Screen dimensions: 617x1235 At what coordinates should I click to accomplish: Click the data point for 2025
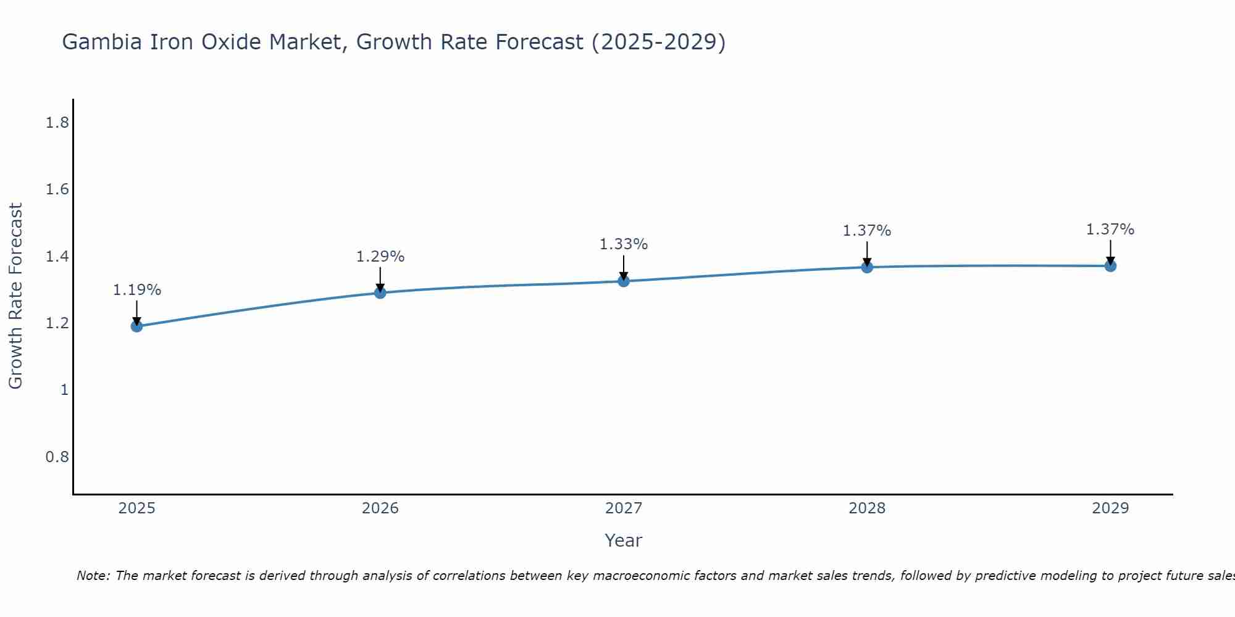(137, 326)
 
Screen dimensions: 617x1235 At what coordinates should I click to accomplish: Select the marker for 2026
(380, 292)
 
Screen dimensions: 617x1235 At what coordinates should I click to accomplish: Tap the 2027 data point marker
(624, 281)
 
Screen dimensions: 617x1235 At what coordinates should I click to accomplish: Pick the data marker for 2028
(867, 267)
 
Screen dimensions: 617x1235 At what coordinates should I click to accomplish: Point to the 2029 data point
(1110, 266)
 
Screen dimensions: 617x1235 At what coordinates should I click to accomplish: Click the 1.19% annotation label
(137, 290)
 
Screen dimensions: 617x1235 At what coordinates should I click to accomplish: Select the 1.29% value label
(380, 257)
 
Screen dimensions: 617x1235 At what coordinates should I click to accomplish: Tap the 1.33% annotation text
(624, 244)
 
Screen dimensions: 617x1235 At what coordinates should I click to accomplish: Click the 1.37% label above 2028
(867, 231)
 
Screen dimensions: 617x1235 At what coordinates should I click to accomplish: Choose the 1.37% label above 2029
(1110, 230)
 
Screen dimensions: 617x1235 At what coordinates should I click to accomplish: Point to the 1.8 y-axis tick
(57, 123)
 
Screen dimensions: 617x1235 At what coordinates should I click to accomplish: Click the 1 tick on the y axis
(64, 390)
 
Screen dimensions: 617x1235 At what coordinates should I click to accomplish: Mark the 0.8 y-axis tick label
(57, 457)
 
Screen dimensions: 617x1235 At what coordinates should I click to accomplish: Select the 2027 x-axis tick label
(624, 508)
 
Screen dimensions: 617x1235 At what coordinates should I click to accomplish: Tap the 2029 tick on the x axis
(1110, 508)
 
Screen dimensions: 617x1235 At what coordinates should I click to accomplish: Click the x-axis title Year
(624, 540)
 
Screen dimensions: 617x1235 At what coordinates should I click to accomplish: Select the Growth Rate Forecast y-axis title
(15, 296)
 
